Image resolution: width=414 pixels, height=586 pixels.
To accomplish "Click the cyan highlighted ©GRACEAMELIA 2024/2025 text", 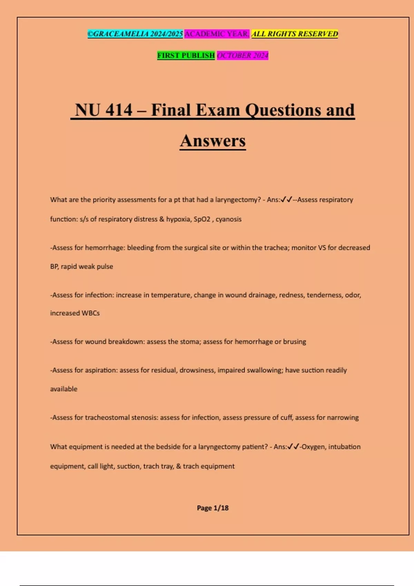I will point(135,34).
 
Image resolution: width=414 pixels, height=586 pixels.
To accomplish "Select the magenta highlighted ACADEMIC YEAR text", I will point(217,34).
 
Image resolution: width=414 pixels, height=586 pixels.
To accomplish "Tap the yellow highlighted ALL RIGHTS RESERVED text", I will point(295,34).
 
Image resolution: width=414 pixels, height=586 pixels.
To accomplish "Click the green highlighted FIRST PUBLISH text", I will point(186,55).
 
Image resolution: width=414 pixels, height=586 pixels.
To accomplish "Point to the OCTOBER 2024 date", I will point(243,55).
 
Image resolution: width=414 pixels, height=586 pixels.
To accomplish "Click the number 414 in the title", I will point(119,110).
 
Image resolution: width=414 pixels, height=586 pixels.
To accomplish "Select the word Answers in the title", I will point(213,141).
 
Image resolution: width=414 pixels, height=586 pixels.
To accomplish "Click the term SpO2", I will point(202,219).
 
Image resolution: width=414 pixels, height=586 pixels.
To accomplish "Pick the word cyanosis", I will point(228,219).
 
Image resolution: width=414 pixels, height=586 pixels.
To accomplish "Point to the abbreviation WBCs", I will point(90,313).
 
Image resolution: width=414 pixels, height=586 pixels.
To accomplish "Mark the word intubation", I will point(344,447).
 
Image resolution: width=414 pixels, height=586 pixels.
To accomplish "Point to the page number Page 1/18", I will point(213,508).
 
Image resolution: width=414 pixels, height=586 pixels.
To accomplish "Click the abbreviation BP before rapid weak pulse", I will point(54,266).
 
